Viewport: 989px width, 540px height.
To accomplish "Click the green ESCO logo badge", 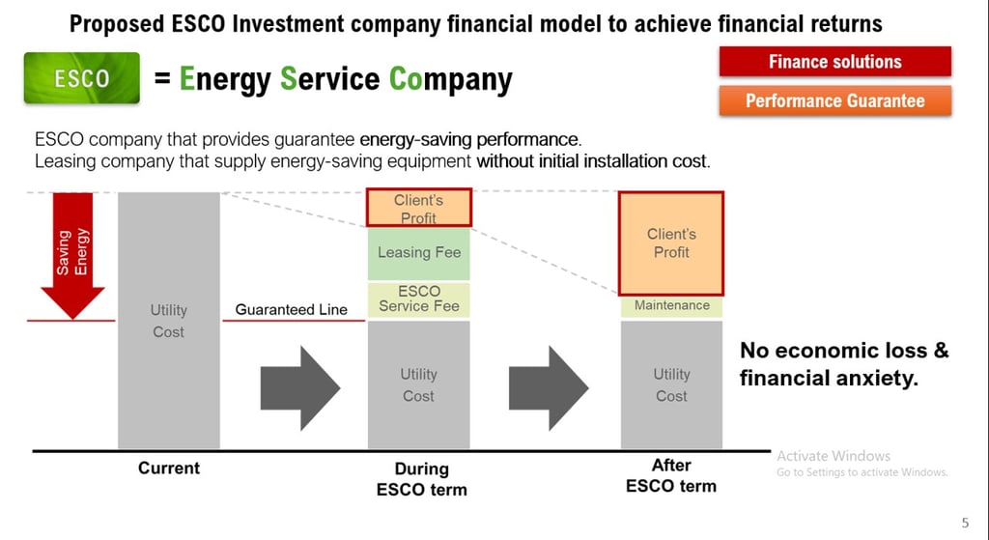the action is point(82,77).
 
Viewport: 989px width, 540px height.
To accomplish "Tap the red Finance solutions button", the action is point(835,61).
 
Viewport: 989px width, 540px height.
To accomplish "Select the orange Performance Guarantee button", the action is point(835,100).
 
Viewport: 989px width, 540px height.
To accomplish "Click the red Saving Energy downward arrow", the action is point(73,255).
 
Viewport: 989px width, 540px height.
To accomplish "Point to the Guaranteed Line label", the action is point(292,310).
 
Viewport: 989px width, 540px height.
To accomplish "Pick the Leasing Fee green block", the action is point(419,253).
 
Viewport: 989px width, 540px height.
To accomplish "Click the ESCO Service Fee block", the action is point(419,299).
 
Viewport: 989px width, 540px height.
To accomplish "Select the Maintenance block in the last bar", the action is point(672,306).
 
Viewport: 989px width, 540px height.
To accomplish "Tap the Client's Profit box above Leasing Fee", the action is point(419,208).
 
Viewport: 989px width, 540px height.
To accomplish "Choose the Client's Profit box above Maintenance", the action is point(671,242).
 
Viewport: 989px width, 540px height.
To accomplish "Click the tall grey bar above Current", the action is point(169,321).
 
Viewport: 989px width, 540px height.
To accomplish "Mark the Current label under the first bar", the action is point(169,469).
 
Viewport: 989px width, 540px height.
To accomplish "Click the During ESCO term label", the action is point(421,479).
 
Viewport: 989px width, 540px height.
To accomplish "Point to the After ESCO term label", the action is point(671,475).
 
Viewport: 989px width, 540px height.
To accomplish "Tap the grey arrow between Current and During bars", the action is point(300,388).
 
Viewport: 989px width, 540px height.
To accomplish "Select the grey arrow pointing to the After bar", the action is point(549,388).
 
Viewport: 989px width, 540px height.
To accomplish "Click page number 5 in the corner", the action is point(965,523).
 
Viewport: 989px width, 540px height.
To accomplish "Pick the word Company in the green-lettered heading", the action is point(450,80).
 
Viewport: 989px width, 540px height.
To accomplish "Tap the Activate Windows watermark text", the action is point(834,455).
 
